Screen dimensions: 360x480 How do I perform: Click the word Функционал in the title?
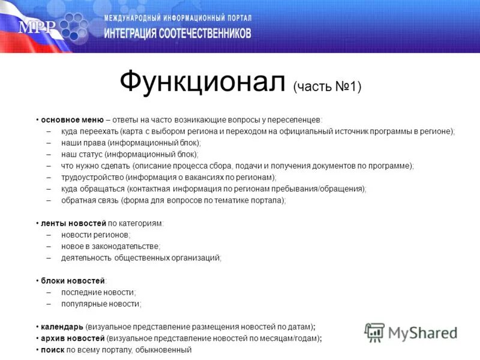pyautogui.click(x=202, y=83)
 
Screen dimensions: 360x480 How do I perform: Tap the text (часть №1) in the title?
pyautogui.click(x=327, y=87)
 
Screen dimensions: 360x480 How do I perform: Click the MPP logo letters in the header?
pyautogui.click(x=37, y=27)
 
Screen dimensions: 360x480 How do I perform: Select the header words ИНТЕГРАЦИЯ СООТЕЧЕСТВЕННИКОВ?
pyautogui.click(x=178, y=34)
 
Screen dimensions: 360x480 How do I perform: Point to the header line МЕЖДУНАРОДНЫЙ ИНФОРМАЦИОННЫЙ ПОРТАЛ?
pyautogui.click(x=178, y=19)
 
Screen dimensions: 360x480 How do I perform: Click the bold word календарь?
pyautogui.click(x=62, y=327)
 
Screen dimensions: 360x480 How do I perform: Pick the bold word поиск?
pyautogui.click(x=52, y=350)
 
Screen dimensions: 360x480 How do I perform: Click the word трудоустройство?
pyautogui.click(x=92, y=178)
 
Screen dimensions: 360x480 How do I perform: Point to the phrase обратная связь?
pyautogui.click(x=89, y=200)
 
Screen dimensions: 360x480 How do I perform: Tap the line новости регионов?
pyautogui.click(x=95, y=235)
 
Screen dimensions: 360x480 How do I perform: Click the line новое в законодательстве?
pyautogui.click(x=110, y=246)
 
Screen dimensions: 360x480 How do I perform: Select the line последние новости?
pyautogui.click(x=98, y=292)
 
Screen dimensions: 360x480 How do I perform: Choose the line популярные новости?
pyautogui.click(x=100, y=304)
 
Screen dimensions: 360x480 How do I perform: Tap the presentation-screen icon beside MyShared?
pyautogui.click(x=375, y=332)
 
